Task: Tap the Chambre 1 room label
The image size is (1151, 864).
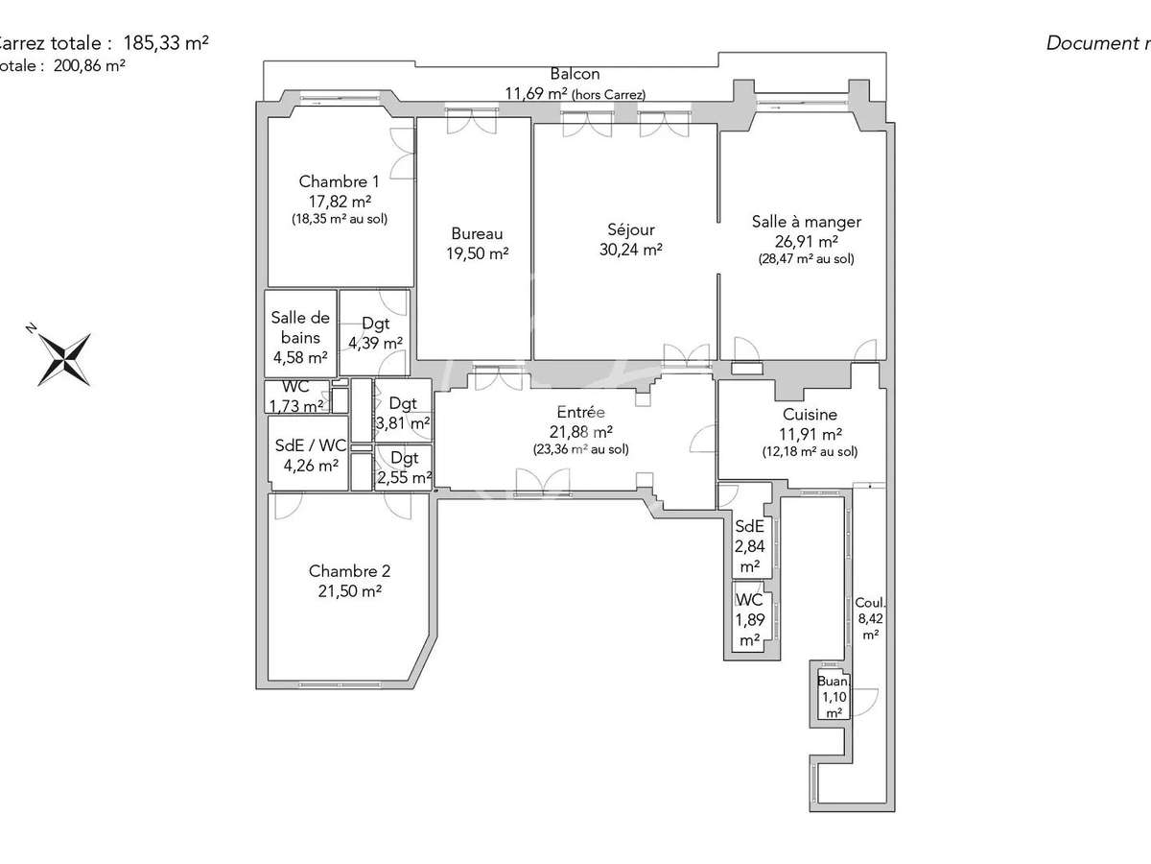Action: (339, 181)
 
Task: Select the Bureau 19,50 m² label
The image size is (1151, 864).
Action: (477, 243)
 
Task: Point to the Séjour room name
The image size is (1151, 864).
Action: (630, 230)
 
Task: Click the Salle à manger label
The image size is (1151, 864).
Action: (806, 222)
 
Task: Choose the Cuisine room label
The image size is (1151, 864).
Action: (810, 416)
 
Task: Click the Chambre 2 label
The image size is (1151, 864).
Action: (344, 571)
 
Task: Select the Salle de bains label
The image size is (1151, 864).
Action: (300, 327)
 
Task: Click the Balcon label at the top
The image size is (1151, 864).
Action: (575, 74)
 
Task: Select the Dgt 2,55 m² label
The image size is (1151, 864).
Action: (404, 466)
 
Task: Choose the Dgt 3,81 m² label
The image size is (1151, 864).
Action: (403, 413)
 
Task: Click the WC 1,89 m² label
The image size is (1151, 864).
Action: (748, 619)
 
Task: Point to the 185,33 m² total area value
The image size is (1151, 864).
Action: (166, 42)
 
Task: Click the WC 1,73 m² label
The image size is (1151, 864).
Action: (296, 396)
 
